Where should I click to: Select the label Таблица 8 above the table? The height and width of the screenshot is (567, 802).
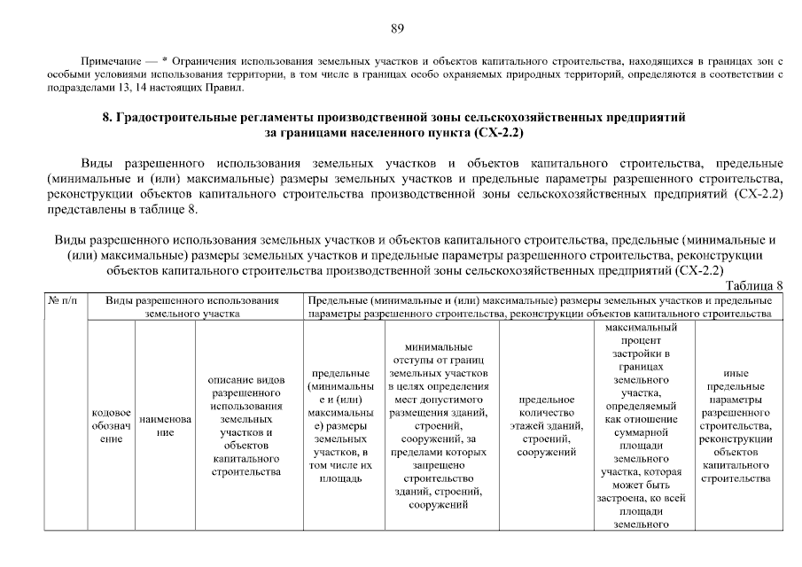[x=754, y=285]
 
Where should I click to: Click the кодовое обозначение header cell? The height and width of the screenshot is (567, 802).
[x=111, y=426]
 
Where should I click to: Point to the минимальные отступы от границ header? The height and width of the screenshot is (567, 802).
[x=439, y=426]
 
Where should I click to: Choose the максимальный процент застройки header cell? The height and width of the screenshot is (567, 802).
[x=644, y=426]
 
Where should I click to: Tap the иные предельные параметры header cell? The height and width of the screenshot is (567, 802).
[x=735, y=426]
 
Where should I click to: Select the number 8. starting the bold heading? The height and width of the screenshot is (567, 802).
[x=107, y=117]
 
